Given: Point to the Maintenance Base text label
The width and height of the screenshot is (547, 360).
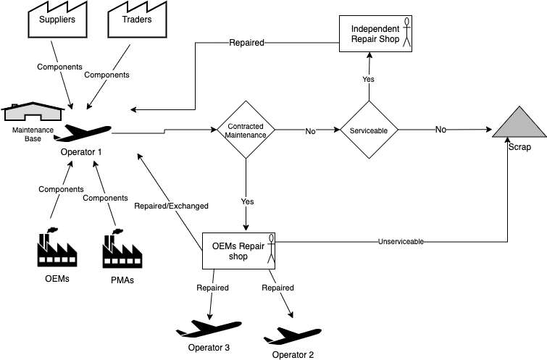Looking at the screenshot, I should (33, 134).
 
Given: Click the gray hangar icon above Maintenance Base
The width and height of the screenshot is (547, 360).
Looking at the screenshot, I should (33, 112).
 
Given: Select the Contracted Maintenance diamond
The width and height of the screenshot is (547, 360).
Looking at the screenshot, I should (246, 130).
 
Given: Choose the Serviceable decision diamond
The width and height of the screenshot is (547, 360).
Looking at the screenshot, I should (369, 130).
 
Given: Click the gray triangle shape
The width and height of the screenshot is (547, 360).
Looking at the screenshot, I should (519, 124).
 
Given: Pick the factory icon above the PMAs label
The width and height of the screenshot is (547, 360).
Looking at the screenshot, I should (122, 248).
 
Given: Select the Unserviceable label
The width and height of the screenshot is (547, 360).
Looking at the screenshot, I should (401, 241).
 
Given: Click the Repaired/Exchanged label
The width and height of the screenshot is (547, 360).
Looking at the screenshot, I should (171, 206).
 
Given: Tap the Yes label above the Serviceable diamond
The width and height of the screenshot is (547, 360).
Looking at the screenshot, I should (368, 79).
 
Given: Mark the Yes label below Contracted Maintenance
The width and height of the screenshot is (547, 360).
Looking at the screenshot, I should (247, 202).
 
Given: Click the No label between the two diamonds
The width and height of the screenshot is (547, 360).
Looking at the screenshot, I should (310, 132).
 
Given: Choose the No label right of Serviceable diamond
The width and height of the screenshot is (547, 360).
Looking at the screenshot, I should (440, 130).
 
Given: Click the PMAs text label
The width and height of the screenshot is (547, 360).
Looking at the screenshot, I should (122, 280).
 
